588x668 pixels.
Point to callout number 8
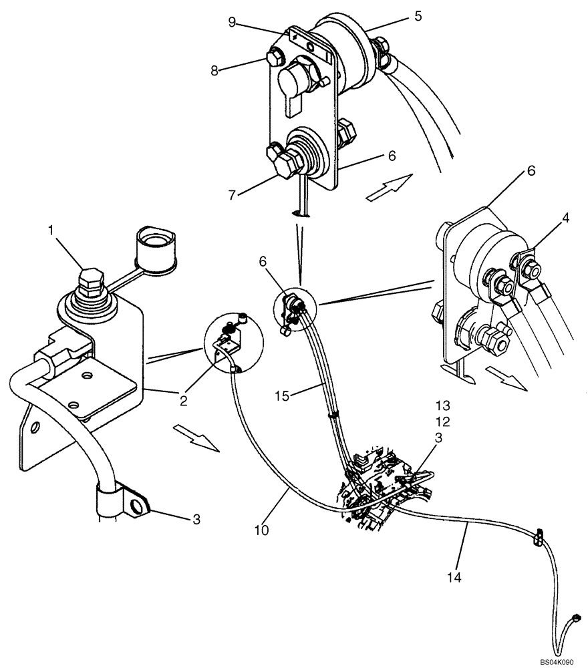pos(214,69)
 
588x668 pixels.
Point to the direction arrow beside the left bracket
pos(196,438)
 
